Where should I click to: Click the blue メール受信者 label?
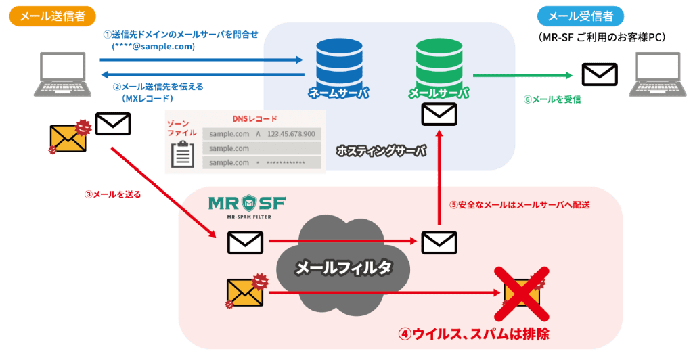pyautogui.click(x=581, y=16)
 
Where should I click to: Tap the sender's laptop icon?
pyautogui.click(x=65, y=74)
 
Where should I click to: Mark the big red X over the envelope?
pyautogui.click(x=522, y=292)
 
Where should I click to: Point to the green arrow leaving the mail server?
pyautogui.click(x=518, y=75)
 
